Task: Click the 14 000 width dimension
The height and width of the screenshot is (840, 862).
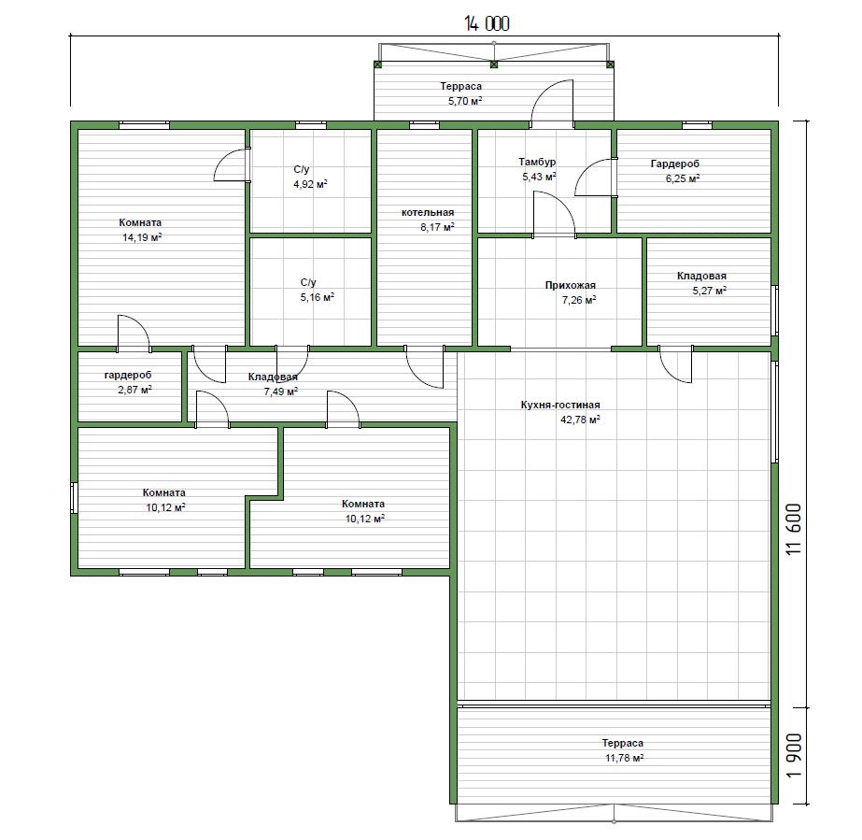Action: click(488, 23)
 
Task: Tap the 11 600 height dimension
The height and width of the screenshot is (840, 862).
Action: click(794, 529)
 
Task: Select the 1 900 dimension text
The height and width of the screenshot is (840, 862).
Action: click(794, 755)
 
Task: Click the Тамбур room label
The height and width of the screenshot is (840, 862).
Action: click(537, 162)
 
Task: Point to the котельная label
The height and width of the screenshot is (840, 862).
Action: click(428, 212)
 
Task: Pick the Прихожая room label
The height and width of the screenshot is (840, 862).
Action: click(570, 285)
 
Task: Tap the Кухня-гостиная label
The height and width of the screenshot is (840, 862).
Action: click(560, 405)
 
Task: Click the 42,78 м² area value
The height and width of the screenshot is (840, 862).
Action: click(580, 420)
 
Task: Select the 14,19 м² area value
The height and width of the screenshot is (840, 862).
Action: click(142, 237)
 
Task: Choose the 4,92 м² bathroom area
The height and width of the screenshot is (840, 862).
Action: click(310, 184)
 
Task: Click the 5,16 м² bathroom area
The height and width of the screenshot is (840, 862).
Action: click(318, 298)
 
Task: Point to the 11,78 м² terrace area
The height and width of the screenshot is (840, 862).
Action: click(625, 758)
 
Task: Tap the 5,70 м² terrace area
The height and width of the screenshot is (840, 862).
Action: click(465, 101)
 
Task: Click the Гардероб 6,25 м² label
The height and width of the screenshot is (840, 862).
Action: click(675, 171)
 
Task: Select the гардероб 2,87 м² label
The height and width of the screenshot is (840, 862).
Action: click(128, 382)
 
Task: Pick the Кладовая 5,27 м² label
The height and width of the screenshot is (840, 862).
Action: click(702, 283)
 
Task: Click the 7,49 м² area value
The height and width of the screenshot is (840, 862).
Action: click(281, 392)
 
